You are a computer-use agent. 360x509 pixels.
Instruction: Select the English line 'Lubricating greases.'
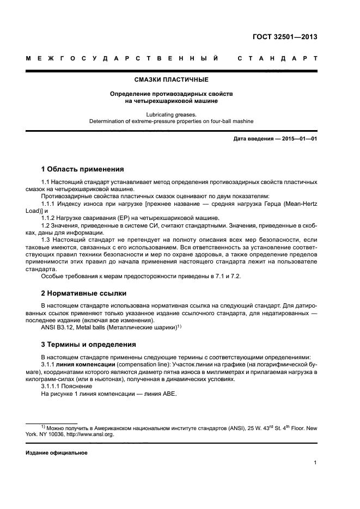click(171, 115)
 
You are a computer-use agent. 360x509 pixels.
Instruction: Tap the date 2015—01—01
click(299, 139)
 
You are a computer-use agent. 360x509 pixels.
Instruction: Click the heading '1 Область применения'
click(83, 169)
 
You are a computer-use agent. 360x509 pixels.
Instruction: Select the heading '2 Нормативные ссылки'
click(84, 293)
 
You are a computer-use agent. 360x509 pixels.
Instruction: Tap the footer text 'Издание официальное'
click(57, 453)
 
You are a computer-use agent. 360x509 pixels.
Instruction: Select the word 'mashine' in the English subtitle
click(242, 122)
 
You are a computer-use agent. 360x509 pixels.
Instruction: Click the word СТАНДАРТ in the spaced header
click(277, 59)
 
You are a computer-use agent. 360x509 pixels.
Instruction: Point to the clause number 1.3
click(47, 239)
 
